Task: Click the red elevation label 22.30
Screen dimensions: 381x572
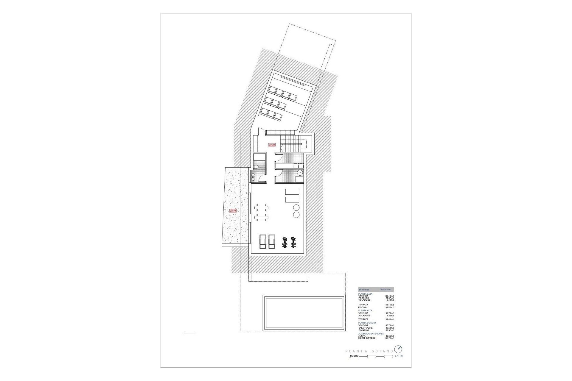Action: [x=272, y=145]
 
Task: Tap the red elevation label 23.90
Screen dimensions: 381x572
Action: [x=233, y=210]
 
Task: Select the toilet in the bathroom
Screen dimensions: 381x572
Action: [x=255, y=167]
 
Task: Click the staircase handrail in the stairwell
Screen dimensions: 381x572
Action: [x=291, y=144]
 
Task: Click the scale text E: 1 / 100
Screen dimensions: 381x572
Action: [x=399, y=356]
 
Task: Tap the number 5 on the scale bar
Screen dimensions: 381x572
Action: [x=392, y=357]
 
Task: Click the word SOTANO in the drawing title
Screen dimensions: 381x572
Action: [x=382, y=351]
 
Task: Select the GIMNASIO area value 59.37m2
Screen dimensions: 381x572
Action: [x=389, y=330]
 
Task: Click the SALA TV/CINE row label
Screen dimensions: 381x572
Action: [x=366, y=328]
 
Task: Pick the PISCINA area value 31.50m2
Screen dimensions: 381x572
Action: [x=389, y=307]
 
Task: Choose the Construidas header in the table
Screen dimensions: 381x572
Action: [x=385, y=289]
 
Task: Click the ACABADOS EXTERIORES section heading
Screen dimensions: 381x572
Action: [x=371, y=334]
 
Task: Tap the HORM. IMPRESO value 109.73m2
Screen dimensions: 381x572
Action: [x=388, y=338]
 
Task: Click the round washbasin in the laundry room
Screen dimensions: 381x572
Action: [x=300, y=172]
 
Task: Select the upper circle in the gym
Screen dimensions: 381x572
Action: [x=296, y=207]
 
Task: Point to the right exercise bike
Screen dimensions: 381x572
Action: [x=293, y=242]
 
